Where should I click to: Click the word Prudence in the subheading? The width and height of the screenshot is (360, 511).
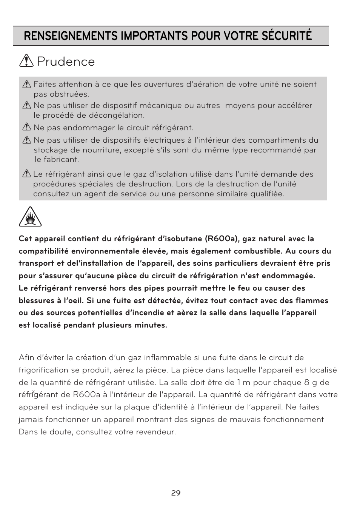(66, 62)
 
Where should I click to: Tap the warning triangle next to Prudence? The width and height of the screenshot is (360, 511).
(26, 61)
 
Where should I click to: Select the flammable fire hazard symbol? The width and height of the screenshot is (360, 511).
(30, 217)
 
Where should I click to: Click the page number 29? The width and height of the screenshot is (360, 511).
(176, 493)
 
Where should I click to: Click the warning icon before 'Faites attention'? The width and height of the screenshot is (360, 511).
(26, 85)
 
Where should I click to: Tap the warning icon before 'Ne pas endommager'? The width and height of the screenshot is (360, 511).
(26, 128)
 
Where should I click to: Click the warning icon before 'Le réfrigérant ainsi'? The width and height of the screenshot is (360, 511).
(26, 174)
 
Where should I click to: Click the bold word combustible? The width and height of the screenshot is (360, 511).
(257, 251)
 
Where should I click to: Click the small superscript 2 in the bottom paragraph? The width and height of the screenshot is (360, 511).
(34, 391)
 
